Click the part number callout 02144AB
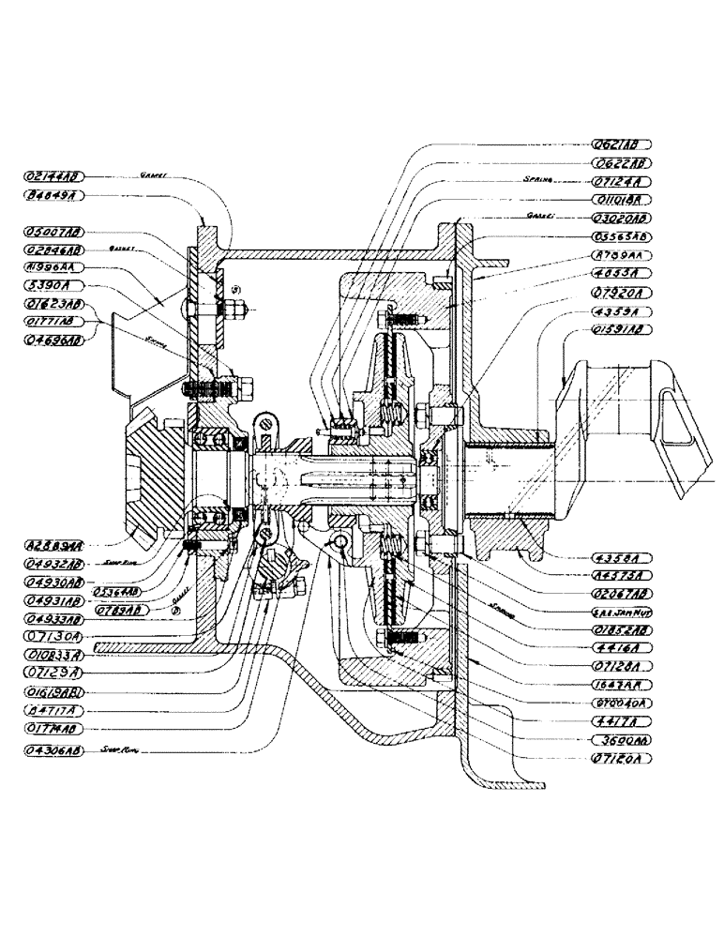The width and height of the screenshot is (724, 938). click(x=56, y=176)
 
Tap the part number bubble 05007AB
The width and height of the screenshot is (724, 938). click(x=56, y=231)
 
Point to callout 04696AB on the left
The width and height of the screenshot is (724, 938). click(x=56, y=339)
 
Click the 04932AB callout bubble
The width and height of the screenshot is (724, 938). click(x=56, y=565)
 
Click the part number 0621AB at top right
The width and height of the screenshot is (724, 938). click(x=622, y=145)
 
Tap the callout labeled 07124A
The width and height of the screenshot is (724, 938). click(x=622, y=182)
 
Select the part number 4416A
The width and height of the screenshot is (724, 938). click(x=622, y=647)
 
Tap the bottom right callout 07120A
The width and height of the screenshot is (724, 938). click(x=622, y=755)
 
